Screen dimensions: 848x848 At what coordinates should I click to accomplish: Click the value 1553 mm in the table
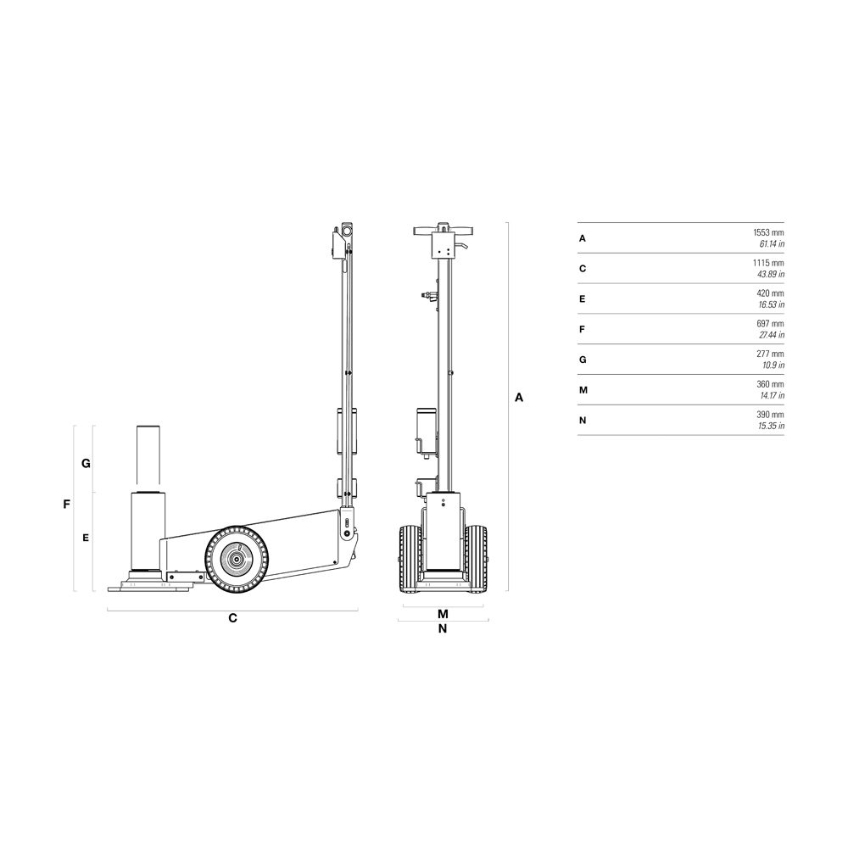tap(768, 232)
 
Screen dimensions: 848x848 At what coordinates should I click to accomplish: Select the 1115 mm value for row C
tap(768, 263)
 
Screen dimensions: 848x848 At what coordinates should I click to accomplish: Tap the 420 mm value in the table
tap(770, 293)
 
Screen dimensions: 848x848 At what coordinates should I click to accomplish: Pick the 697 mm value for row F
tap(770, 323)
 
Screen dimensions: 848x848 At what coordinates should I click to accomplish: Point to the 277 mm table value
tap(770, 354)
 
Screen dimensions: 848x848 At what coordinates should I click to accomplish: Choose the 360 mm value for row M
tap(770, 384)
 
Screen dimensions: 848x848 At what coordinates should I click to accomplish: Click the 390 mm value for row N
tap(770, 415)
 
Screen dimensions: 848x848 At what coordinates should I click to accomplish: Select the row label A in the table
tap(583, 238)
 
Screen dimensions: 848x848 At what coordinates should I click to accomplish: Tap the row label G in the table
tap(583, 360)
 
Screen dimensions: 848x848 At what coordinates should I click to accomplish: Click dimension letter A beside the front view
tap(519, 398)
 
